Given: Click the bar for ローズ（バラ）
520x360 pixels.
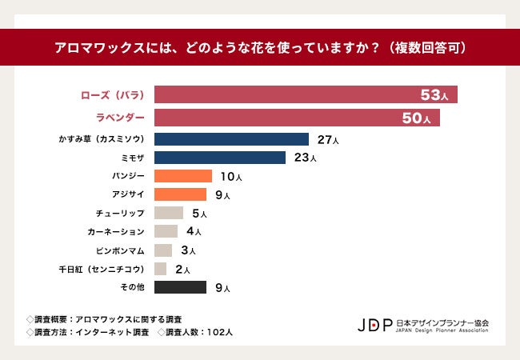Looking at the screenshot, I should click(305, 95).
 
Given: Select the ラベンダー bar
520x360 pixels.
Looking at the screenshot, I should click(296, 118).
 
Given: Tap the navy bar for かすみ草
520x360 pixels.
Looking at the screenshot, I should click(231, 139).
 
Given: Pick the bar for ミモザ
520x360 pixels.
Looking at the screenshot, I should click(219, 157).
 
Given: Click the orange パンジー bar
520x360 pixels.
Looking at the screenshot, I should click(182, 176).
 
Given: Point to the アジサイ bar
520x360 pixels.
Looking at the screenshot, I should click(180, 194).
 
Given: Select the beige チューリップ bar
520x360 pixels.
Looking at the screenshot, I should click(169, 214).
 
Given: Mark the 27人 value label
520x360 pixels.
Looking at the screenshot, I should click(328, 140).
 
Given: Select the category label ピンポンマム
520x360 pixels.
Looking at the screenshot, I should click(121, 250).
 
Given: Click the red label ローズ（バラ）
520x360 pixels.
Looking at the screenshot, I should click(113, 95).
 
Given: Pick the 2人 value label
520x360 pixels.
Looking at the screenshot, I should click(182, 270).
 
